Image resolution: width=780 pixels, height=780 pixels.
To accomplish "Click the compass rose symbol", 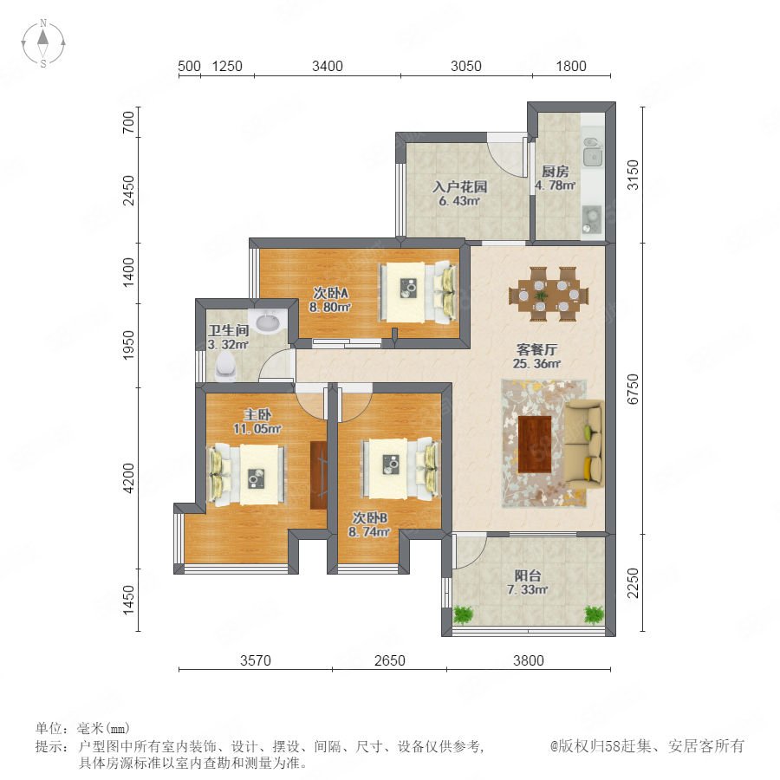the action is click(x=43, y=43).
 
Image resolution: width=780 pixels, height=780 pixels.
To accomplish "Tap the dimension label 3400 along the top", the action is click(x=328, y=66).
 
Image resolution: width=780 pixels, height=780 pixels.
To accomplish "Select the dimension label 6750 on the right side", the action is click(x=633, y=389).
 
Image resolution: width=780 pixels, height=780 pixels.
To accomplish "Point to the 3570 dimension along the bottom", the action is click(x=256, y=660).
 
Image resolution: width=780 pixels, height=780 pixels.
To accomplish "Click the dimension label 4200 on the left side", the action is click(x=128, y=478).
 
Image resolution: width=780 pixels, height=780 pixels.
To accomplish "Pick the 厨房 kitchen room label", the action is click(x=556, y=172).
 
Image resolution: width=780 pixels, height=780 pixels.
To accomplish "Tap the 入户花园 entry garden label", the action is click(x=459, y=187).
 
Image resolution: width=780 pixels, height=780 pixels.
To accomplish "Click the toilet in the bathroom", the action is click(x=226, y=367).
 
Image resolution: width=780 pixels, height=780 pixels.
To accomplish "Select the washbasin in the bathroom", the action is click(x=270, y=321).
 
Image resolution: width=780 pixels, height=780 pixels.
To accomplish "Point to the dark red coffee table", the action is click(x=535, y=445).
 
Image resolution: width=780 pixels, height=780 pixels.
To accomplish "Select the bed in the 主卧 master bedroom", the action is click(x=247, y=475).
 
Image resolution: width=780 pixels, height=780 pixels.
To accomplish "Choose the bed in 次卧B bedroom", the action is click(x=401, y=469).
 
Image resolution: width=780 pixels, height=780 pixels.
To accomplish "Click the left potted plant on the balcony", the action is click(x=463, y=614).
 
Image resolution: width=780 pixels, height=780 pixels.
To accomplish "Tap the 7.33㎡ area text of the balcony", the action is click(x=527, y=590).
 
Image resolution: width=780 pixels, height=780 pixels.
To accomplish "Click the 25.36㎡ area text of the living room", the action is click(x=536, y=364).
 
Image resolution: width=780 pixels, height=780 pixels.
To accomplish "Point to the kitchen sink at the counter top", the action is click(x=592, y=151).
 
